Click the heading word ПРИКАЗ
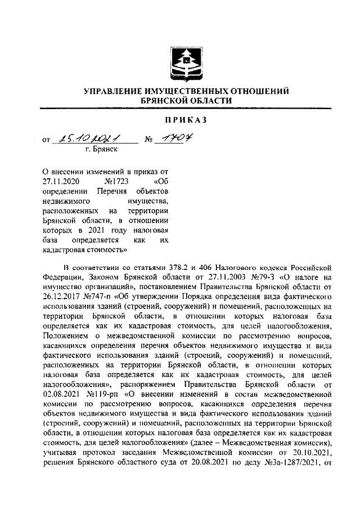pos(186,120)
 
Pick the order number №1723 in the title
pos(118,182)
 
